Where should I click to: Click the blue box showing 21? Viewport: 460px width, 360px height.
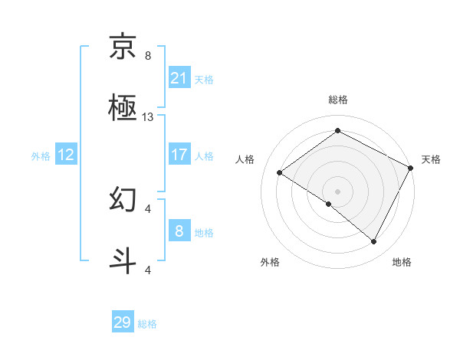click(179, 78)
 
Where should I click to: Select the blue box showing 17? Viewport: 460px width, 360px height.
click(179, 154)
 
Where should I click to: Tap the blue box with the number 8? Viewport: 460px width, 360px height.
click(179, 231)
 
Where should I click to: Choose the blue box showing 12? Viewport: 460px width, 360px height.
click(66, 155)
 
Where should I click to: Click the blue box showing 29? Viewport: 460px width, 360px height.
click(123, 322)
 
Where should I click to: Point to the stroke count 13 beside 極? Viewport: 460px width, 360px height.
click(149, 117)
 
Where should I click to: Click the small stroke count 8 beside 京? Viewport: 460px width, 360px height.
click(148, 56)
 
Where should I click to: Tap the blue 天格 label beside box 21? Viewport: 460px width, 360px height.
click(204, 80)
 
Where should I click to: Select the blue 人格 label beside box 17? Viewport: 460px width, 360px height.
click(204, 155)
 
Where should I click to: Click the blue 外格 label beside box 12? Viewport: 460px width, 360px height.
click(41, 155)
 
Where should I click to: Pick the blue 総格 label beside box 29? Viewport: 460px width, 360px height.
click(147, 324)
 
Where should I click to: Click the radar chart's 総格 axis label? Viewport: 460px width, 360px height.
click(337, 100)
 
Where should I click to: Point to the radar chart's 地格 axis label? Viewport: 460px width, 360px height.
click(402, 262)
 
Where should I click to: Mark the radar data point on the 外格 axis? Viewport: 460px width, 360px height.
click(329, 204)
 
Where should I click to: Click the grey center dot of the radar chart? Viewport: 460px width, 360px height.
click(337, 191)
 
